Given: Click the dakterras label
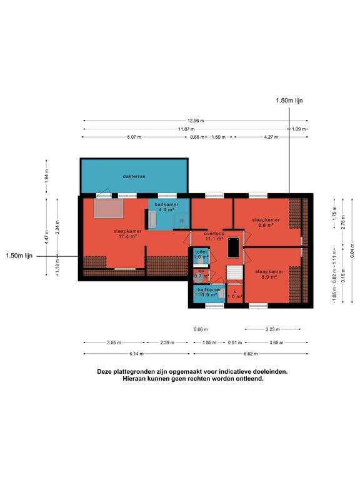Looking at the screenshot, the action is [134, 176].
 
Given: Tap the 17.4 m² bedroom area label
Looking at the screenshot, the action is [127, 234].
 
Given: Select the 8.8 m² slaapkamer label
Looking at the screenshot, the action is [266, 222].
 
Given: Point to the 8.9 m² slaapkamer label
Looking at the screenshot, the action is [269, 274].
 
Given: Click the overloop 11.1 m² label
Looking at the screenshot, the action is [214, 236].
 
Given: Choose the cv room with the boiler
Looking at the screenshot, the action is [201, 275].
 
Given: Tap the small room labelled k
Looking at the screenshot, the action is [235, 294].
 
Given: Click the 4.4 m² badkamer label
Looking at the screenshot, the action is [166, 207].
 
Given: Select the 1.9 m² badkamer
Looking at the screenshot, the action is [209, 294].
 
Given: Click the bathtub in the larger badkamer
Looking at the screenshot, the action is [152, 220].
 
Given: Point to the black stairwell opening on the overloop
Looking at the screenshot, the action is [233, 247].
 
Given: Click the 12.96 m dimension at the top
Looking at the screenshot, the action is [196, 121].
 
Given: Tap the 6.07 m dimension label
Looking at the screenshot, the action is [134, 137].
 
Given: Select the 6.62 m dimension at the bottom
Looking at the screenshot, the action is [251, 354].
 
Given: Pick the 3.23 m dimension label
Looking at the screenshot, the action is [272, 329].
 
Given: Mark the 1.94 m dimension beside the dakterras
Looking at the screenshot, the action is [46, 176].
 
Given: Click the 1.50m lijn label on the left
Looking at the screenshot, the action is [19, 256].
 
